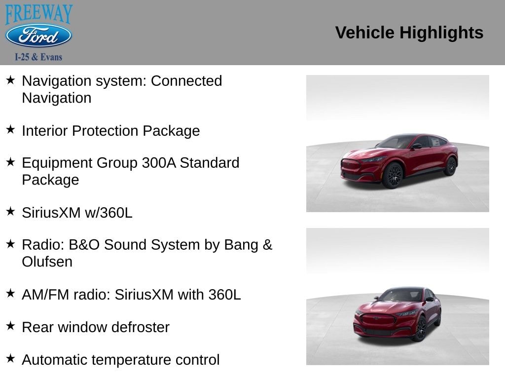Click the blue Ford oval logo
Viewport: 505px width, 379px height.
tap(38, 36)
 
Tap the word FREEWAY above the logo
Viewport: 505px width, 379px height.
tap(39, 14)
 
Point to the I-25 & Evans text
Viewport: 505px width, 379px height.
tap(38, 57)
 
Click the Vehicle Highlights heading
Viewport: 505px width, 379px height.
tap(409, 33)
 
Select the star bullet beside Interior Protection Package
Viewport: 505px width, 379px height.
tap(10, 129)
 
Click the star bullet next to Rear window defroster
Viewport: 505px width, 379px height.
tap(10, 326)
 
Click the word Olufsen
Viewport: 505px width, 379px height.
tap(47, 262)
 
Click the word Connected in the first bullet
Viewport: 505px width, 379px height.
tap(186, 81)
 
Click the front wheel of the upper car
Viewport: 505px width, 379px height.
tap(393, 176)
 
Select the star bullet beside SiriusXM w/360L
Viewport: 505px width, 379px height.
tap(10, 211)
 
